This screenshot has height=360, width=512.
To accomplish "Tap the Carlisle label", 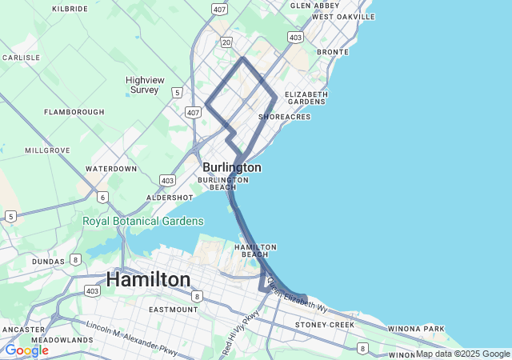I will tap(21, 58).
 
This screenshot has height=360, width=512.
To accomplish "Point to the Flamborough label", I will tap(74, 112).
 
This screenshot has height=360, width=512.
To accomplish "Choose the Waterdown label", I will tap(111, 169).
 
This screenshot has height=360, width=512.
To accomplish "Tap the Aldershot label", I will tap(170, 197).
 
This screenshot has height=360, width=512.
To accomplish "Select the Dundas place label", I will tap(49, 262).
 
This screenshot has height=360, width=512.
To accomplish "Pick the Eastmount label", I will tap(173, 310).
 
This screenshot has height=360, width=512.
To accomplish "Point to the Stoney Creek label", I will tap(324, 325).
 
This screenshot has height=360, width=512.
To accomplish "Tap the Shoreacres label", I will tap(285, 117).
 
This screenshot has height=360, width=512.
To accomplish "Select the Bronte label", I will tap(332, 52).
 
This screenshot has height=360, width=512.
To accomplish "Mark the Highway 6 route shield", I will tap(102, 196).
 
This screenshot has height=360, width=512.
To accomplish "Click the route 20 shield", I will tap(226, 42).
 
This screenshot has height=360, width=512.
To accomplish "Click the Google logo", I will tap(26, 350).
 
